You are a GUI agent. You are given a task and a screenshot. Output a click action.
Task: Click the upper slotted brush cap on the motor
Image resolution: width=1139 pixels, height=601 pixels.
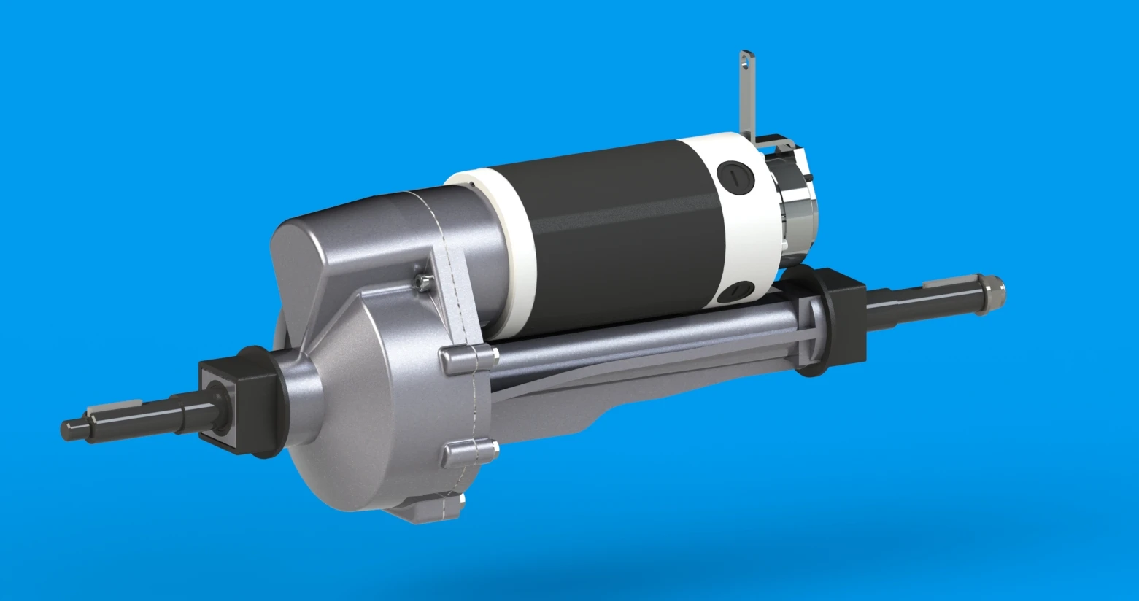pos(732,175)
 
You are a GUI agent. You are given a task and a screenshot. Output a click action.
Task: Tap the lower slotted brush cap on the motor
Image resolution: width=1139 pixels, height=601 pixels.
pos(734,292)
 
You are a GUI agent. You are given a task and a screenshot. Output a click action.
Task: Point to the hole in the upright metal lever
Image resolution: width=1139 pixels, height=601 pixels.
pos(746,63)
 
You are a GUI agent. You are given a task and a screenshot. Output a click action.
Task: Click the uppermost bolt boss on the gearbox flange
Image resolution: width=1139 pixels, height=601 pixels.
pos(467,357)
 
